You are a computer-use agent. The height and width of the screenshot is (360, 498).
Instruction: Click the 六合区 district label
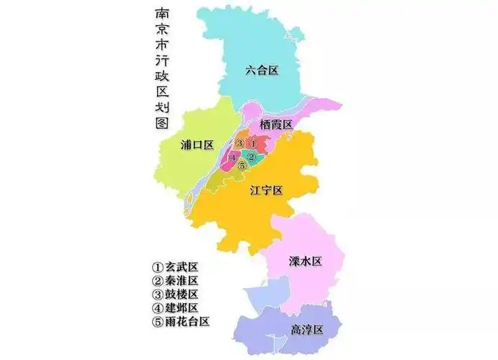click(262, 70)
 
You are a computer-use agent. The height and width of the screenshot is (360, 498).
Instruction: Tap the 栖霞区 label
click(276, 125)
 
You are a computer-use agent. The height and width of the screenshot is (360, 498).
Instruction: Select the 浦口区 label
click(197, 145)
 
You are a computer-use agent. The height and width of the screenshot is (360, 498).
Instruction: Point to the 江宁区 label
click(266, 190)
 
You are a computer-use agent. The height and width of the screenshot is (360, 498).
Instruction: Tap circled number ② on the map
click(251, 157)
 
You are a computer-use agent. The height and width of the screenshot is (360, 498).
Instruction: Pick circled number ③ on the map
click(239, 143)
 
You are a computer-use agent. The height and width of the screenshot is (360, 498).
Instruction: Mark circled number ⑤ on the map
click(241, 166)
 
